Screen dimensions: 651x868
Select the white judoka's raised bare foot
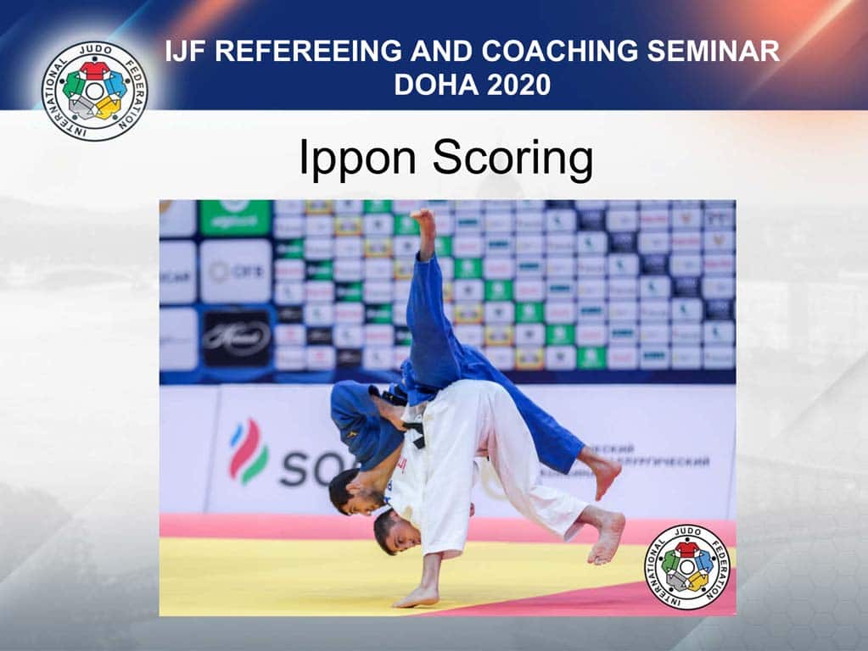pos(608,537)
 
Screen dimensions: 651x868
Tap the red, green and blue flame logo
pos(248,453)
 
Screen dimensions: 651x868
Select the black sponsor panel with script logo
pos(236,337)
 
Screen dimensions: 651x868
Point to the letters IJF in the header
pos(188,52)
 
